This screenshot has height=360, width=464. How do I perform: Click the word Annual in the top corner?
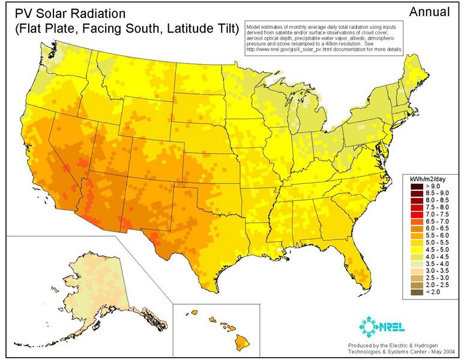tap(429, 11)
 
